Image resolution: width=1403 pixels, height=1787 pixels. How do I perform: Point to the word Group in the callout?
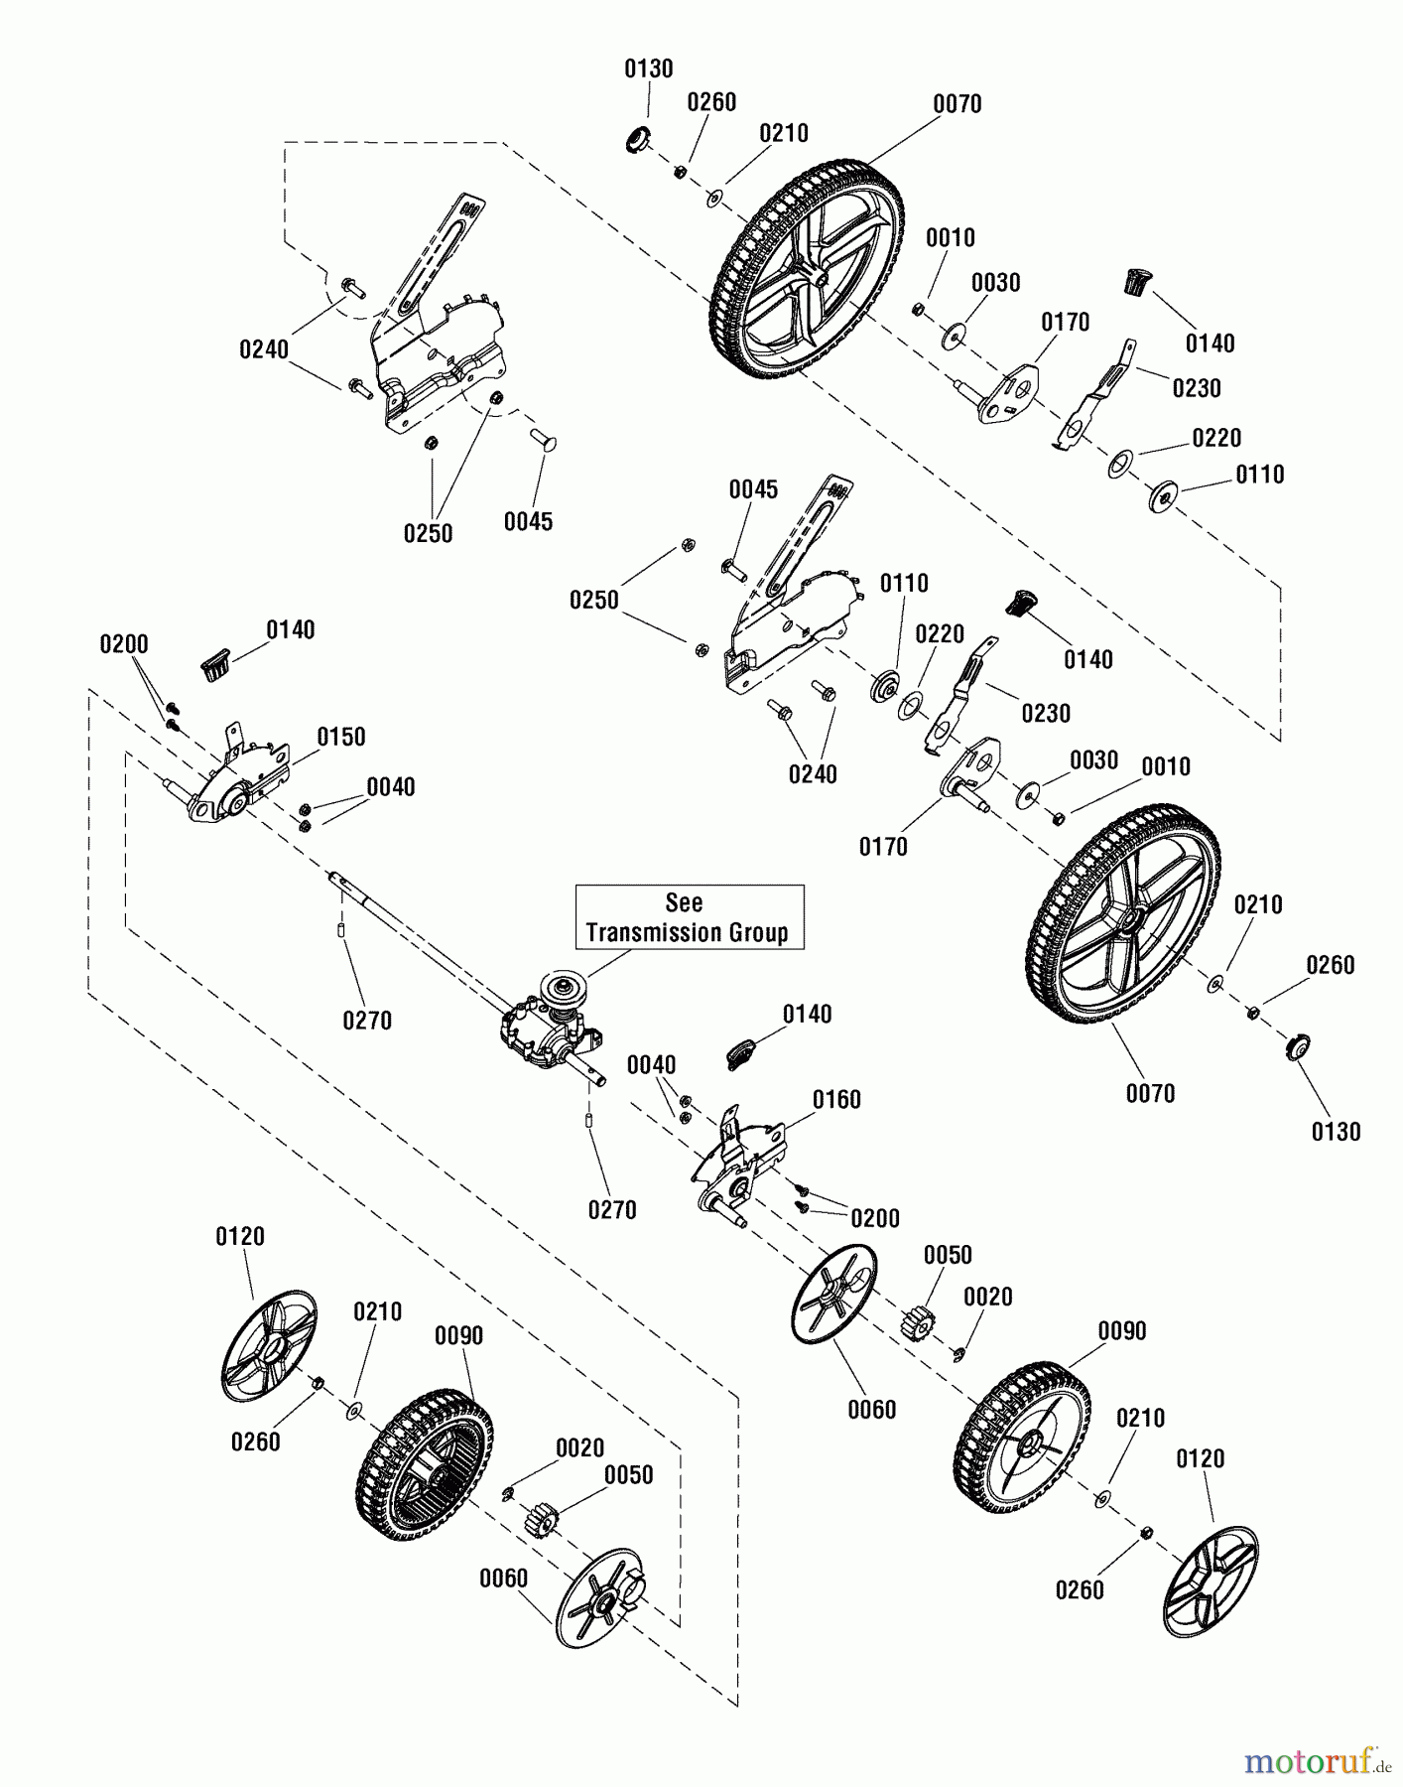pyautogui.click(x=761, y=933)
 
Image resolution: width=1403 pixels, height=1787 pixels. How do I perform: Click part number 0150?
pyautogui.click(x=341, y=737)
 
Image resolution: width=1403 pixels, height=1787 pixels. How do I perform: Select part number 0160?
pyautogui.click(x=836, y=1099)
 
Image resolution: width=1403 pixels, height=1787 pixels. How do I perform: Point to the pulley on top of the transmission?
pyautogui.click(x=560, y=994)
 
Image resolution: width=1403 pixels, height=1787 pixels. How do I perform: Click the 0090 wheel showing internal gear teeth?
pyautogui.click(x=425, y=1464)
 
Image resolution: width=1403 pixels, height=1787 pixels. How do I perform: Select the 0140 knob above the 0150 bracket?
pyautogui.click(x=217, y=661)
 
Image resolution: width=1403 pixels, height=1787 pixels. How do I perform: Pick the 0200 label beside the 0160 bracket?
pyautogui.click(x=874, y=1218)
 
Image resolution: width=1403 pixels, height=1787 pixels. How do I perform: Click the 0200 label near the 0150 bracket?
pyautogui.click(x=124, y=644)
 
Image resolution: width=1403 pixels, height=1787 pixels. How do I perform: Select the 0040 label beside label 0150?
pyautogui.click(x=391, y=787)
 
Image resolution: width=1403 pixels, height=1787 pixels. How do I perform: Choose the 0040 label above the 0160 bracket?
pyautogui.click(x=652, y=1065)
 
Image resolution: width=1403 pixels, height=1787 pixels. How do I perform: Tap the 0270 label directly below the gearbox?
pyautogui.click(x=612, y=1210)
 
